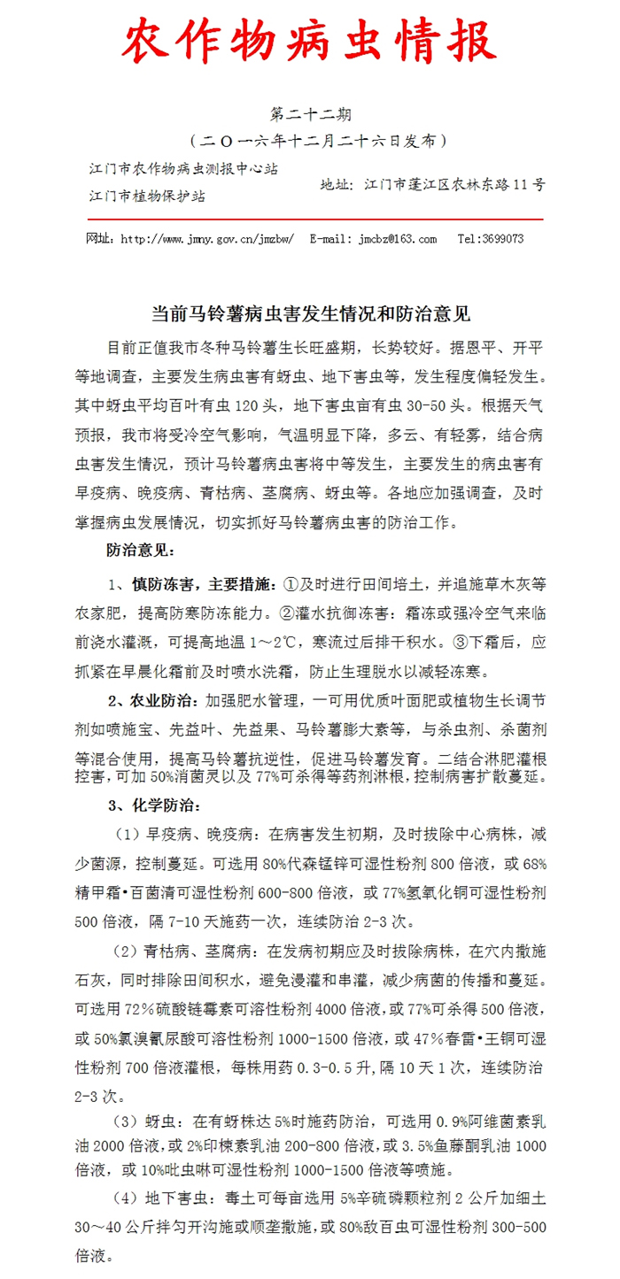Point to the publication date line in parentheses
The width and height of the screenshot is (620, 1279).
pos(309,140)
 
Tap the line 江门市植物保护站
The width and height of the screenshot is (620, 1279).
pos(147,196)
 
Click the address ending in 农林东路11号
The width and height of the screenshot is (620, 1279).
pos(432,185)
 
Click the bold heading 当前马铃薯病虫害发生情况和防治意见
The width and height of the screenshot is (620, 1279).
pos(309,313)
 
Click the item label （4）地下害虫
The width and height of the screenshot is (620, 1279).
pos(159,1201)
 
